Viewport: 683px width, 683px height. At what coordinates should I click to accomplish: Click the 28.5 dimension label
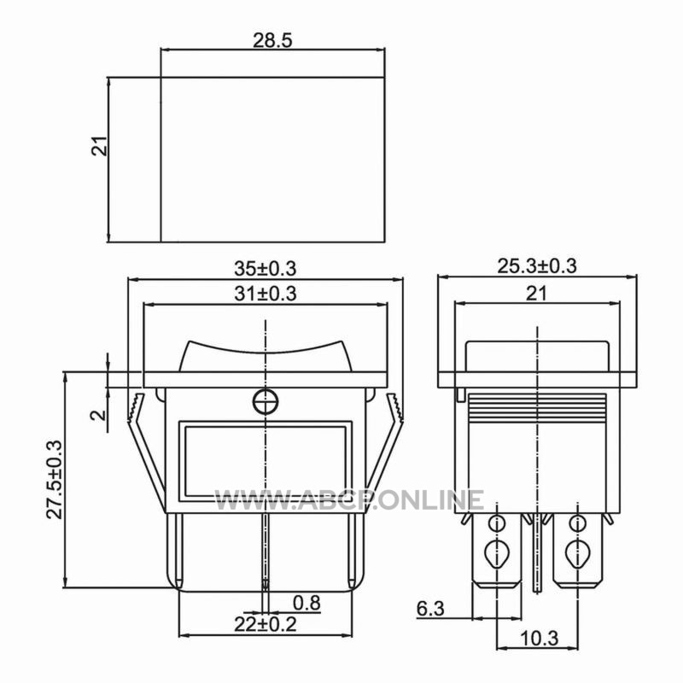(272, 40)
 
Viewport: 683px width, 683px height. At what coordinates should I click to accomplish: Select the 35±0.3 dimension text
(266, 268)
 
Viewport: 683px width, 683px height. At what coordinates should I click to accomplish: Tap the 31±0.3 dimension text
(266, 293)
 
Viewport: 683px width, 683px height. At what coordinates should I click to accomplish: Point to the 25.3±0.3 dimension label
(537, 266)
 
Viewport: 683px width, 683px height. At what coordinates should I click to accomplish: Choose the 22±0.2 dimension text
(266, 624)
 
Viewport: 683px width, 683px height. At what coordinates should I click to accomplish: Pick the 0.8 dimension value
(306, 604)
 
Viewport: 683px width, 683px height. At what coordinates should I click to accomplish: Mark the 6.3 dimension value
(430, 609)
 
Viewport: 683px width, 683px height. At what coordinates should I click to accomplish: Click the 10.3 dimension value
(539, 639)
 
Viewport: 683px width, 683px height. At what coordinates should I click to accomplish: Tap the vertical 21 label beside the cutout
(99, 146)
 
